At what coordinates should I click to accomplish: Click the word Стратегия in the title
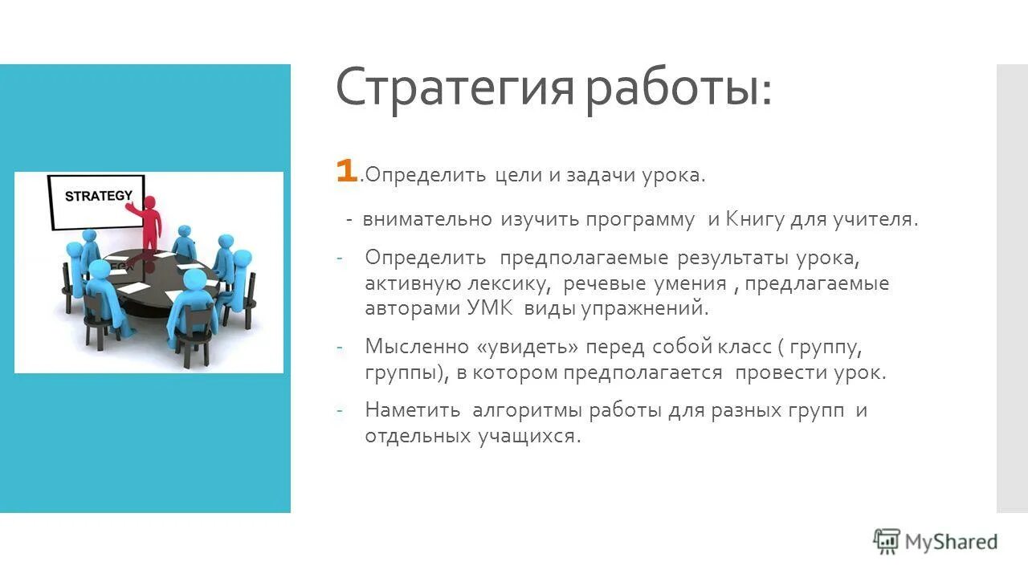click(454, 88)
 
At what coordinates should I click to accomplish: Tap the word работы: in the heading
click(677, 90)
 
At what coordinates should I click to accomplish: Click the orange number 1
click(345, 171)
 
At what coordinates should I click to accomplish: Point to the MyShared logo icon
click(887, 542)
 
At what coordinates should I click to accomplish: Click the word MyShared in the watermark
click(951, 542)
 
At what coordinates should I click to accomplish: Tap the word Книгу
click(756, 220)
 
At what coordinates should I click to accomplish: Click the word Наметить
click(412, 410)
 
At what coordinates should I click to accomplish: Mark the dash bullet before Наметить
click(340, 411)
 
